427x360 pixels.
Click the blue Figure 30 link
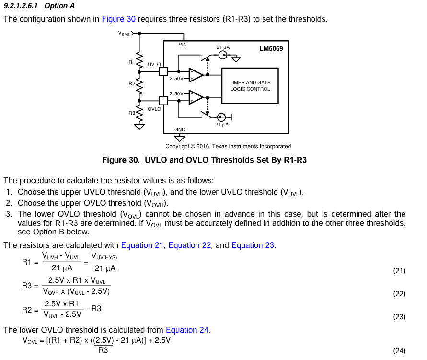(x=118, y=19)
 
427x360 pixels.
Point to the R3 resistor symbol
(x=139, y=114)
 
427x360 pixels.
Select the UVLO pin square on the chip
(x=163, y=71)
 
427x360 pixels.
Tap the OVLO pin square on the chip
(x=163, y=101)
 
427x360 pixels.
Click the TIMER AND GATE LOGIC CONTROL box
(x=250, y=86)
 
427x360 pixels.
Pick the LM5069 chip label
(x=271, y=49)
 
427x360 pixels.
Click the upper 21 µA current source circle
(x=223, y=55)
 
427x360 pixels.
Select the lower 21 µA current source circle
(x=221, y=117)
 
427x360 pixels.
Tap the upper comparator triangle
(x=195, y=75)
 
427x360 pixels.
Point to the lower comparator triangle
(x=195, y=97)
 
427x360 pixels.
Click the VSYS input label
(x=124, y=34)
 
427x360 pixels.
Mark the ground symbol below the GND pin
(x=179, y=139)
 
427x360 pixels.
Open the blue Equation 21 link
(x=142, y=245)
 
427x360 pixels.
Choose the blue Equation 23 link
(x=253, y=245)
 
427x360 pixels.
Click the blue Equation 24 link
(x=187, y=330)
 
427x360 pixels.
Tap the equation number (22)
(x=399, y=294)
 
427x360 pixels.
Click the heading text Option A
(x=59, y=6)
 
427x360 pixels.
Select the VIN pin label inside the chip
(x=183, y=45)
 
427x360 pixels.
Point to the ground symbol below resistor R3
(x=139, y=127)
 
